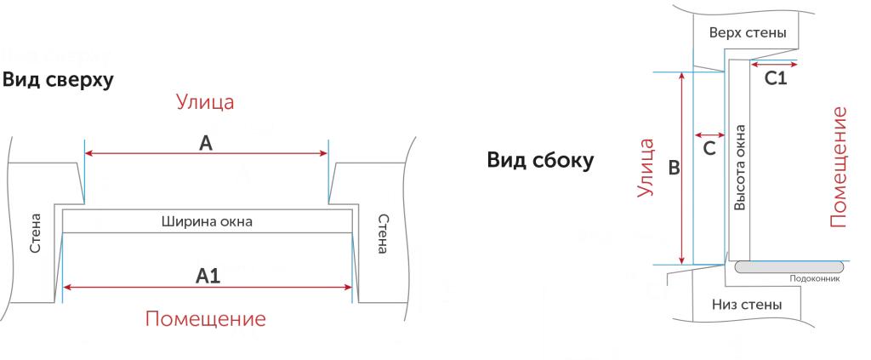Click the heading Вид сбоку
pyautogui.click(x=540, y=161)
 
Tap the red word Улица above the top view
pyautogui.click(x=205, y=103)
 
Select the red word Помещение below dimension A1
pyautogui.click(x=206, y=319)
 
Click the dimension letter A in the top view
pyautogui.click(x=206, y=143)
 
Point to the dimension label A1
pyautogui.click(x=208, y=276)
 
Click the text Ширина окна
pyautogui.click(x=207, y=222)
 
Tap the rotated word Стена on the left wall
pyautogui.click(x=36, y=233)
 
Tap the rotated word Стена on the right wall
pyautogui.click(x=382, y=233)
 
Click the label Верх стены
pyautogui.click(x=748, y=33)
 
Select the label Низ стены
pyautogui.click(x=747, y=305)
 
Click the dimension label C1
pyautogui.click(x=776, y=79)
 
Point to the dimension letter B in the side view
pyautogui.click(x=674, y=168)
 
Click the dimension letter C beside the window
pyautogui.click(x=709, y=149)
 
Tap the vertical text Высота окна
pyautogui.click(x=739, y=167)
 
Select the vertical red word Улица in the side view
pyautogui.click(x=645, y=168)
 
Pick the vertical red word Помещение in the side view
pyautogui.click(x=839, y=167)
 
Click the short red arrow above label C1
pyautogui.click(x=774, y=65)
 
